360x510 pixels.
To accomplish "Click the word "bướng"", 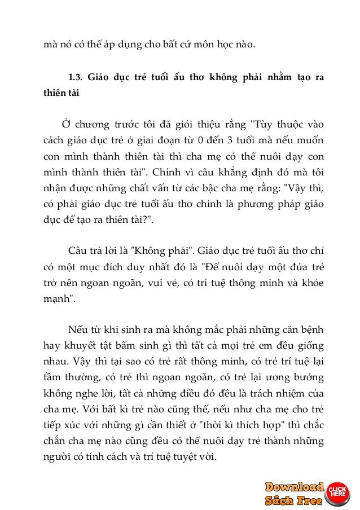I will [312, 375].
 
